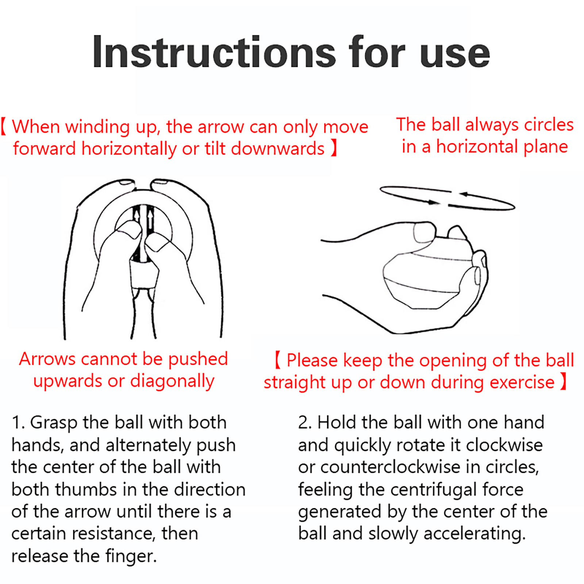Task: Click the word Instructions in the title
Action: (x=214, y=52)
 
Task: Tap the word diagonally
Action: (x=172, y=381)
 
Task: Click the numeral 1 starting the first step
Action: (x=16, y=423)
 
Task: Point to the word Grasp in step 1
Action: (x=54, y=423)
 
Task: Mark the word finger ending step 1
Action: (x=131, y=556)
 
